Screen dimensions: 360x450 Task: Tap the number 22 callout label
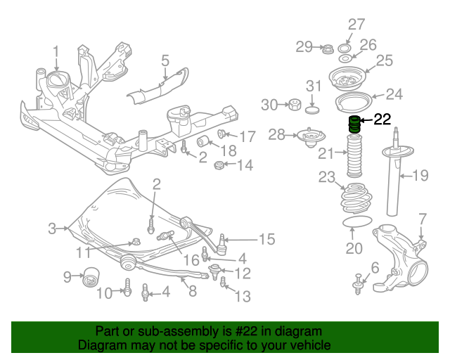[x=382, y=120]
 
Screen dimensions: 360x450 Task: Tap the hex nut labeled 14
[x=219, y=167]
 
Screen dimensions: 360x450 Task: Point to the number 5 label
[x=165, y=60]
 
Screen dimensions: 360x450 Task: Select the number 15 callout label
[x=266, y=240]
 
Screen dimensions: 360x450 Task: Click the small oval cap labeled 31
[x=314, y=109]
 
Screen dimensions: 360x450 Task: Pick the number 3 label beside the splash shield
[x=52, y=228]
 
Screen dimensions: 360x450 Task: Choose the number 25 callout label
[x=384, y=61]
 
